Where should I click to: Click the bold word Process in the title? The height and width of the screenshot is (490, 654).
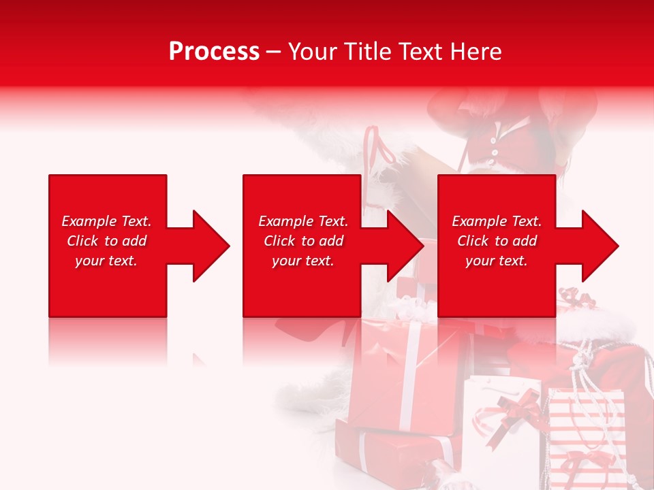(x=214, y=52)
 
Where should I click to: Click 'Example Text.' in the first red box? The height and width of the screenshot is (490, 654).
(x=107, y=221)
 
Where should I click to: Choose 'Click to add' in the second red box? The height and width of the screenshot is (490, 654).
(x=303, y=241)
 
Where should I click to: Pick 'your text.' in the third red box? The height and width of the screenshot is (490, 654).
(x=497, y=261)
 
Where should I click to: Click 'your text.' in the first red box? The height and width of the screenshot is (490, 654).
(x=107, y=261)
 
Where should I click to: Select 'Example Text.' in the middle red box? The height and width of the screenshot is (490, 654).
(x=303, y=221)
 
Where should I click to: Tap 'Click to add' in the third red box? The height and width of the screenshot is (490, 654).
(x=497, y=241)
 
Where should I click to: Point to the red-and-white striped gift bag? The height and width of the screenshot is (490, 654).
(x=586, y=436)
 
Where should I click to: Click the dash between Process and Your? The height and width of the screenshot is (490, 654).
(x=274, y=52)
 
